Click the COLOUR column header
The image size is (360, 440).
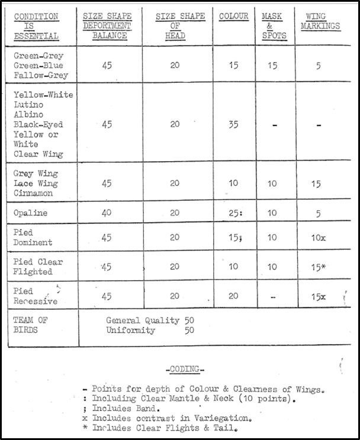tap(233, 17)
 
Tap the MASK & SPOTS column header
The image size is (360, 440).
tap(272, 26)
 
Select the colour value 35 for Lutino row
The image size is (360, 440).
tap(233, 124)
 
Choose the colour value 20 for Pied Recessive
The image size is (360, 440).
tap(233, 296)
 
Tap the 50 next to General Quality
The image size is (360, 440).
tap(189, 321)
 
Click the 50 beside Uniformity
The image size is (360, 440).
tap(189, 330)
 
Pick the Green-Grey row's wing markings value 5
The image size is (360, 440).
tap(319, 66)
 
